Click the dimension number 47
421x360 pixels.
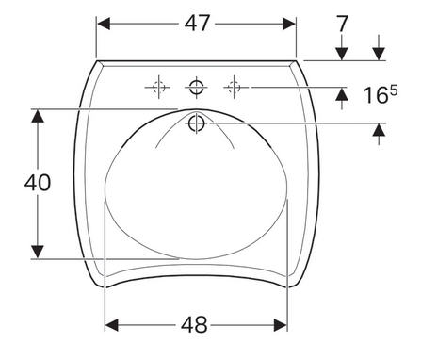tap(197, 24)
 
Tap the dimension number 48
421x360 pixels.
tap(194, 324)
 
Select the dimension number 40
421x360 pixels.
tap(38, 183)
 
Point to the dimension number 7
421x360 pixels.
tap(342, 24)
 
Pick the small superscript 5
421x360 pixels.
tap(394, 91)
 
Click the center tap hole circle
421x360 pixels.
tap(197, 87)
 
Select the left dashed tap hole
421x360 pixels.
tap(159, 87)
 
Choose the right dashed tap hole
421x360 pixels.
tap(234, 87)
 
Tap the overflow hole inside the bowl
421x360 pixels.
tap(197, 123)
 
